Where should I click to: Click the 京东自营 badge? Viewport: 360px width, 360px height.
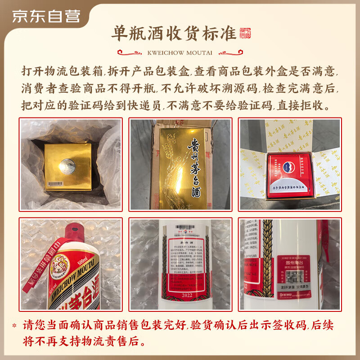click(x=46, y=16)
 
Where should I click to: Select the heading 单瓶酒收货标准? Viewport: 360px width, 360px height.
click(x=174, y=33)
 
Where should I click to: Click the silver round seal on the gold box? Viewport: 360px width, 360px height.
click(x=68, y=165)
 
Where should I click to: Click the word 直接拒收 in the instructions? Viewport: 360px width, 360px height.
click(x=302, y=106)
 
